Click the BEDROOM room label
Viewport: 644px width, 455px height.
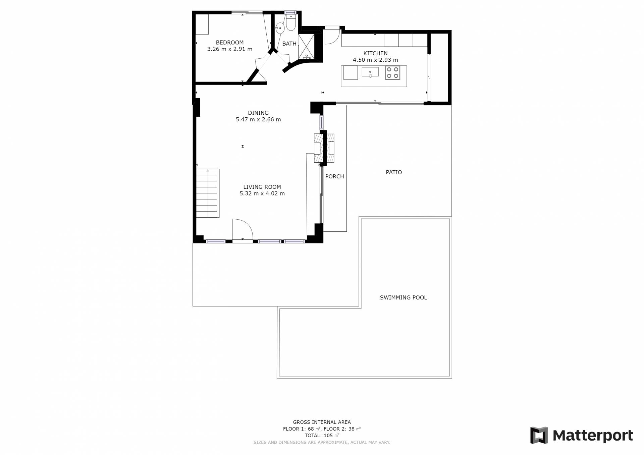click(230, 43)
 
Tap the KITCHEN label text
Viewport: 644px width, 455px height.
click(375, 53)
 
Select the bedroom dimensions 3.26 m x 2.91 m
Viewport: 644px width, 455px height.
click(230, 49)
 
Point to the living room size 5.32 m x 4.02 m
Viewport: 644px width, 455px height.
click(262, 193)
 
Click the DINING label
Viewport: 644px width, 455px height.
click(258, 113)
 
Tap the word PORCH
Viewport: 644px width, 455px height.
click(335, 176)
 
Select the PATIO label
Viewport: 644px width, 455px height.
click(394, 172)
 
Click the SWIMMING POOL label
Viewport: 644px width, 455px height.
click(404, 297)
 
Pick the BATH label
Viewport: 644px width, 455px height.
click(289, 44)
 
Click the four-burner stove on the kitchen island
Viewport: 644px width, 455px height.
click(392, 73)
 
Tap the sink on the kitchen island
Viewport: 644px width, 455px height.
click(370, 72)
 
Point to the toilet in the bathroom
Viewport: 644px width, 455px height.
click(291, 22)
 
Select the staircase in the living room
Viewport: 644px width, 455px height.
click(208, 193)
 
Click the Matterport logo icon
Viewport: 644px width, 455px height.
click(539, 435)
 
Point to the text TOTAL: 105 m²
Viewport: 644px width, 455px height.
click(322, 436)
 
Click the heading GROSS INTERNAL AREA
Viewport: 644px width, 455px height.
click(322, 422)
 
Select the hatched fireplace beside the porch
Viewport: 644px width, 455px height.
click(324, 148)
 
